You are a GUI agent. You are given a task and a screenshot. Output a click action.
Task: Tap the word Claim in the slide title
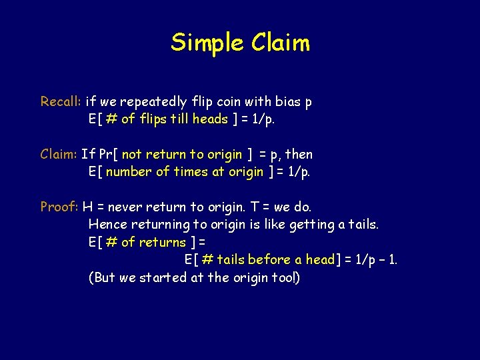(281, 43)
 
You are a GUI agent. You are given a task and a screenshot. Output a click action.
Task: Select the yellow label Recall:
(61, 102)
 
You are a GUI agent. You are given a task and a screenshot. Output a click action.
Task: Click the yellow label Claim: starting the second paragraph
(59, 155)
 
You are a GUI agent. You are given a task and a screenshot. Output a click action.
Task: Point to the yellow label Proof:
(59, 207)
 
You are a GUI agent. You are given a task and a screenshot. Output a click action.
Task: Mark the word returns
(163, 242)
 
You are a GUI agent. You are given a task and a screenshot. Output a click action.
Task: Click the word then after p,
(299, 155)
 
